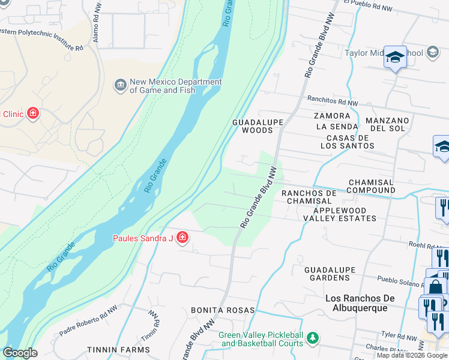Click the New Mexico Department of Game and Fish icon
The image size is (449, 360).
(x=120, y=85)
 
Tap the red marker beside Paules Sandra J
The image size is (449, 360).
(x=182, y=239)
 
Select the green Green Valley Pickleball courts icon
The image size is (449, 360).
(x=312, y=340)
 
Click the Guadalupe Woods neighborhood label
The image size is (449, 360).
(x=258, y=126)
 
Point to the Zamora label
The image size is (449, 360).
(x=332, y=116)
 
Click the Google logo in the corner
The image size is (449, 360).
(x=19, y=353)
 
